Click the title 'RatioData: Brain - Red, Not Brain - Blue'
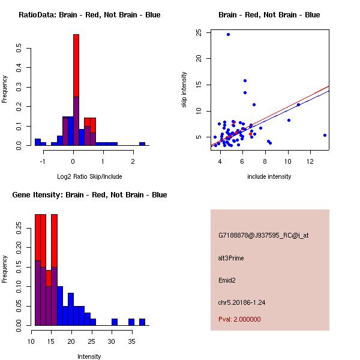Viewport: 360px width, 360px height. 89,15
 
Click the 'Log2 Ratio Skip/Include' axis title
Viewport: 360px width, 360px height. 89,176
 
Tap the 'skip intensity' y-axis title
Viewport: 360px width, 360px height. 184,90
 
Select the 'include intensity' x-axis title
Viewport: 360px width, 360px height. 269,176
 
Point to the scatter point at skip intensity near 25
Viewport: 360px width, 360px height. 228,34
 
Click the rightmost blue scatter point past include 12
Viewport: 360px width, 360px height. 325,135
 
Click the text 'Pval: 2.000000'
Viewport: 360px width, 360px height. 239,319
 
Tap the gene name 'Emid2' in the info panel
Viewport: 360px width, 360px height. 227,280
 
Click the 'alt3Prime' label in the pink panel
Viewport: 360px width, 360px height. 231,258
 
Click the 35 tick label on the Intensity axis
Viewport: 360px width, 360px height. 131,341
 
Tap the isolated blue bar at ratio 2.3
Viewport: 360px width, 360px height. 142,144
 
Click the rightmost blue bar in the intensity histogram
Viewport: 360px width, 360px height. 142,322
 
